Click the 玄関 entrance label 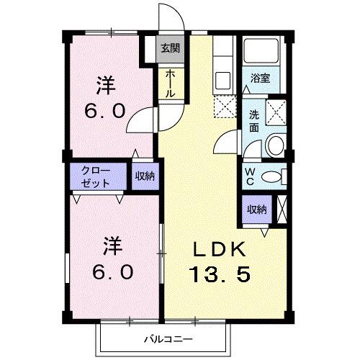pos(169,50)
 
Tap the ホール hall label pos(170,84)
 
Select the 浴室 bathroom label pos(260,78)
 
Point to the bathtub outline pos(261,52)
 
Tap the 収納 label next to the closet pos(144,176)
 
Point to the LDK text pos(220,250)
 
